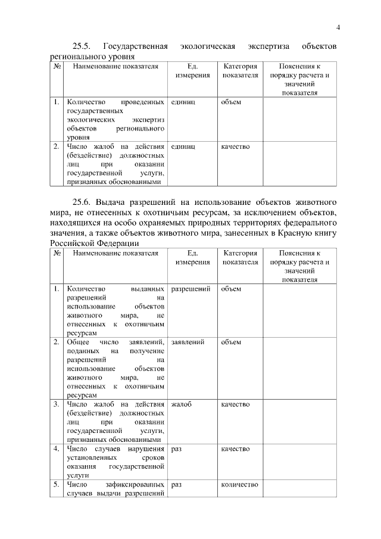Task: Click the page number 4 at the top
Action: (338, 27)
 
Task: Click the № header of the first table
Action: (57, 67)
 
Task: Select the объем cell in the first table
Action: (231, 102)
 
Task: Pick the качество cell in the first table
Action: (235, 147)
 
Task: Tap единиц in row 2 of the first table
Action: (183, 147)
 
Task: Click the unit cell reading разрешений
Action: (190, 289)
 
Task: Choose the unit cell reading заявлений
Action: (188, 342)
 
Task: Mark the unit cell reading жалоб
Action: (181, 404)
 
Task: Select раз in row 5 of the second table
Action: (176, 485)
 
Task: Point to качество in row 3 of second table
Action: (235, 404)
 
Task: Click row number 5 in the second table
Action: (57, 485)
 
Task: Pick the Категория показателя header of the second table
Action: (240, 257)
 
